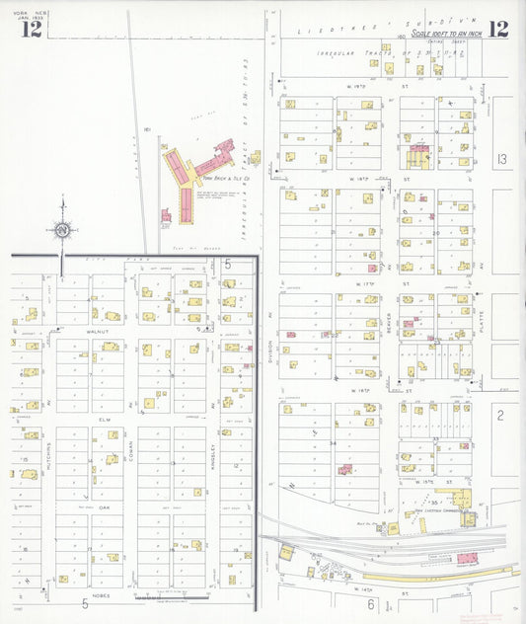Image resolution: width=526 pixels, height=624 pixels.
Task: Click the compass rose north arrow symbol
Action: click(x=62, y=230)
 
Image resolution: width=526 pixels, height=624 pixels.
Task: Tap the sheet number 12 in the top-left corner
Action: click(x=31, y=29)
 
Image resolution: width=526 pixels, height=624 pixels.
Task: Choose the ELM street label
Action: click(x=103, y=419)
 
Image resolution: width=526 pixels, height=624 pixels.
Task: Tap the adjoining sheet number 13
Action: click(x=502, y=159)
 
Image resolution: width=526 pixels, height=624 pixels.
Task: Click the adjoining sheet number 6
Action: click(x=371, y=603)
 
